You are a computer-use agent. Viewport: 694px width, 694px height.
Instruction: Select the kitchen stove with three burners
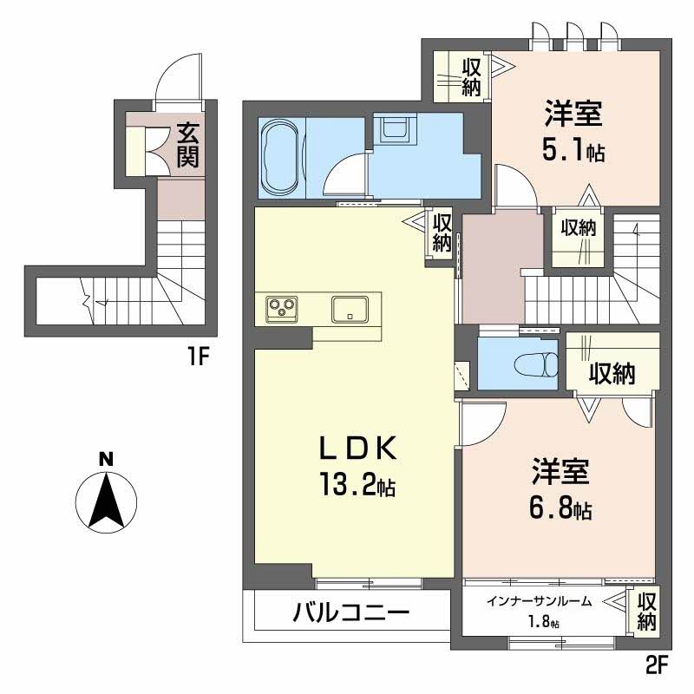pyautogui.click(x=281, y=306)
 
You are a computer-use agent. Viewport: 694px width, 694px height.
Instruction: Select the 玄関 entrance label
pyautogui.click(x=187, y=145)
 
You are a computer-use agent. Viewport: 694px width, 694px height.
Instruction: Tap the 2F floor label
pyautogui.click(x=657, y=667)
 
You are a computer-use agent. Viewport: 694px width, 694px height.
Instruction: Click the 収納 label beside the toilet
pyautogui.click(x=611, y=374)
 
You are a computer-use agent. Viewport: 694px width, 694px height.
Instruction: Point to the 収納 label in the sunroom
pyautogui.click(x=646, y=611)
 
